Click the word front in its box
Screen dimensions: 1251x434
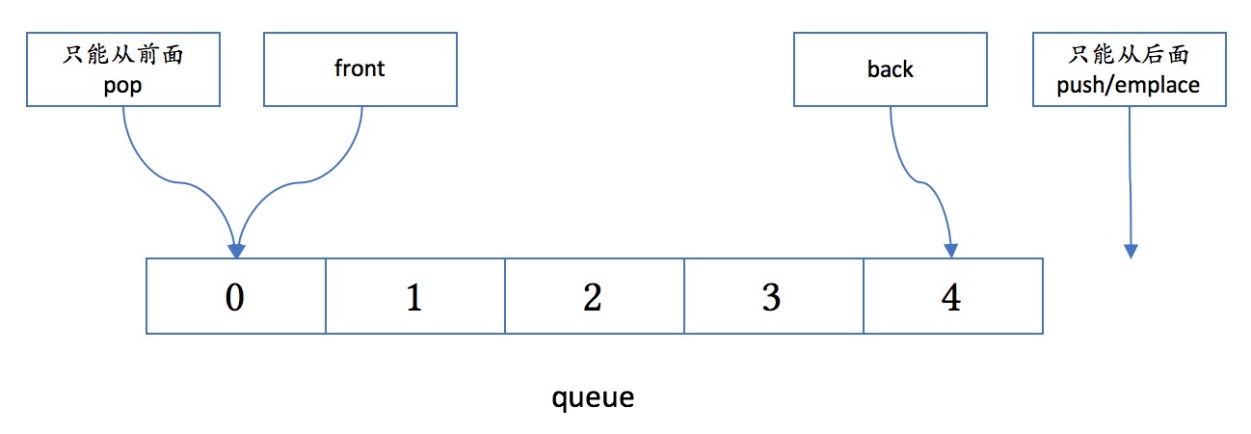[x=359, y=68]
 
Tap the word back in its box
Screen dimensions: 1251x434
[x=891, y=69]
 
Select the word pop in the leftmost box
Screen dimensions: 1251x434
[x=122, y=87]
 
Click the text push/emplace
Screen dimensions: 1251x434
[x=1129, y=85]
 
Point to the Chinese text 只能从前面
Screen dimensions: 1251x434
[x=122, y=55]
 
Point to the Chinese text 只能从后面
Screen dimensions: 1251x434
[x=1129, y=54]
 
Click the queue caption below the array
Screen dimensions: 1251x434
[x=593, y=398]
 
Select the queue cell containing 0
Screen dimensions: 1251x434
[x=236, y=296]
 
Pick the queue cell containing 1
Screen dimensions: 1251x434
[x=415, y=296]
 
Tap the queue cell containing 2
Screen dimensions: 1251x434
[x=595, y=296]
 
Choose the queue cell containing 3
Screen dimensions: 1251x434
[x=774, y=296]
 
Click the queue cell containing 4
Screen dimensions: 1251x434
[x=953, y=296]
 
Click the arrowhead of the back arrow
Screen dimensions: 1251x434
[x=951, y=251]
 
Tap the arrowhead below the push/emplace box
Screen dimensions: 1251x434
[x=1131, y=252]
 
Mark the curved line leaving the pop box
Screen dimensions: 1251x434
[x=177, y=182]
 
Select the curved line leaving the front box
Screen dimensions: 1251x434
[x=299, y=182]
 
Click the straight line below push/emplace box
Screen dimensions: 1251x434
[x=1131, y=176]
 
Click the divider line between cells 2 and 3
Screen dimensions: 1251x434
[x=684, y=296]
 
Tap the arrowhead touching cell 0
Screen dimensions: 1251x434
[x=237, y=252]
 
